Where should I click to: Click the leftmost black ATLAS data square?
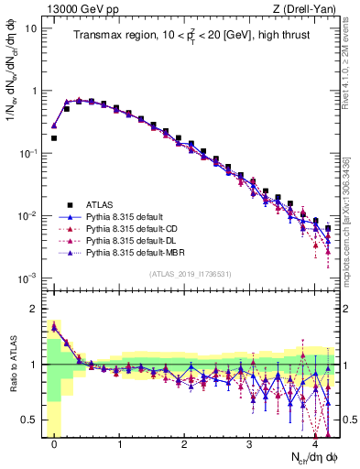tap(54, 138)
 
